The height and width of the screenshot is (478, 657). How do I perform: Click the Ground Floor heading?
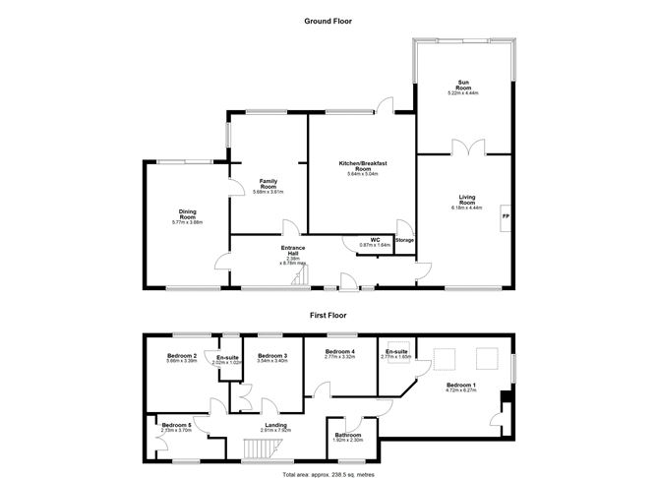click(328, 20)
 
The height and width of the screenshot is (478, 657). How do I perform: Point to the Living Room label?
click(466, 202)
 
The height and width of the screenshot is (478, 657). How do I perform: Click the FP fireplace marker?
click(506, 216)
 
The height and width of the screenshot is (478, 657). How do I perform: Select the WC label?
click(375, 239)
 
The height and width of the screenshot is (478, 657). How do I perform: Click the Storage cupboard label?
click(404, 239)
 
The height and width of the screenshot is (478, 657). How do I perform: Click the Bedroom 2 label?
click(182, 356)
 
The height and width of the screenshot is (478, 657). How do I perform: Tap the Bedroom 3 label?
click(270, 356)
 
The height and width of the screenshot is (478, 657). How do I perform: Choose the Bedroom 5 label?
click(176, 427)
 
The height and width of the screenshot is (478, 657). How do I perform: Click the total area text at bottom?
click(328, 472)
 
